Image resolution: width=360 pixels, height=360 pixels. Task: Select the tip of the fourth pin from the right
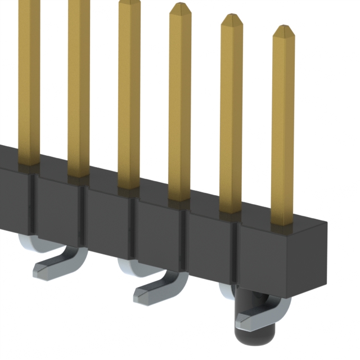point(129,3)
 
